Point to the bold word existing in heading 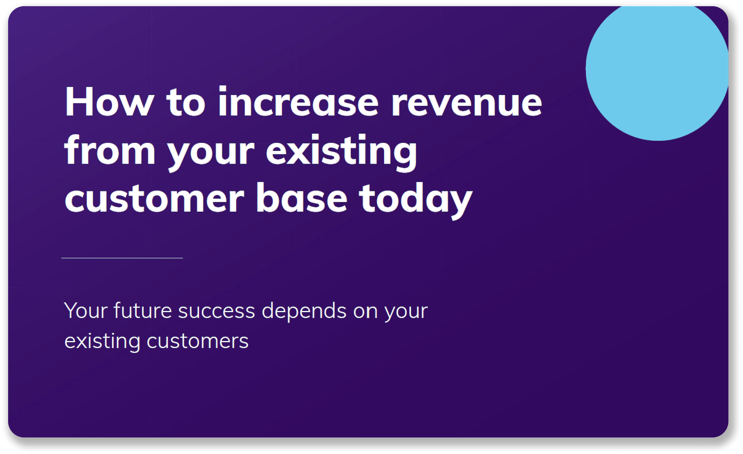pos(341,151)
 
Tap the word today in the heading pos(415,200)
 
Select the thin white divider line pos(122,258)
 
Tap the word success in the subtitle pos(217,311)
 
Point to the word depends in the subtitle pos(304,311)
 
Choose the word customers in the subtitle pos(197,341)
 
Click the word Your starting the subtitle pos(86,310)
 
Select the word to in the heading pos(185,102)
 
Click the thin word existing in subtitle pos(102,341)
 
